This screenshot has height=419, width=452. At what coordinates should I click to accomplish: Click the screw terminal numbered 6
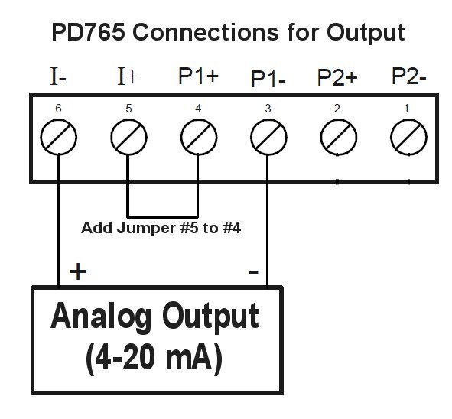coord(59,137)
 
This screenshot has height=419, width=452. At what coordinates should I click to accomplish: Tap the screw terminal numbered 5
coord(128,137)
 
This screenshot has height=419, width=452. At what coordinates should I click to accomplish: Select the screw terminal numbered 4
coord(199,137)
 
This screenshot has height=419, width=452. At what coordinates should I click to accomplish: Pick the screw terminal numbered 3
coord(268,137)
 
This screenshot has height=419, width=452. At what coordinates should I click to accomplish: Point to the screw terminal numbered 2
coord(339,137)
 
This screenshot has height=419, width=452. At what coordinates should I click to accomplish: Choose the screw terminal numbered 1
coord(408,137)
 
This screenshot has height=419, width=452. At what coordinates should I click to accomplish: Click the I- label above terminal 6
coord(58,76)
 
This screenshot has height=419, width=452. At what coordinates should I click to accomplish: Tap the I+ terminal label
coord(128,76)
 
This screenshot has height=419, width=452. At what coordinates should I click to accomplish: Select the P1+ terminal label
coord(198,76)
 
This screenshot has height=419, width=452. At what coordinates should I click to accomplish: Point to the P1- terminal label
coord(268,79)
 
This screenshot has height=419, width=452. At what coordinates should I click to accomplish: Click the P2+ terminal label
coord(337,77)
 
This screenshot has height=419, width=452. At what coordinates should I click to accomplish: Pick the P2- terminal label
coord(408,76)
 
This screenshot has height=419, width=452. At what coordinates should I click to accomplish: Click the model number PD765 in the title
coord(89,32)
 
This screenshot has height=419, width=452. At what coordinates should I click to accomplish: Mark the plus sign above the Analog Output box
coord(78,271)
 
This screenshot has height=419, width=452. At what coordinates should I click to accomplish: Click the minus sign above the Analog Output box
coord(253,273)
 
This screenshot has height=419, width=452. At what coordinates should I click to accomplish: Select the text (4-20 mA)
coord(154,358)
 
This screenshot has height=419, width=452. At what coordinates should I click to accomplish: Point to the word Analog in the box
coord(101,316)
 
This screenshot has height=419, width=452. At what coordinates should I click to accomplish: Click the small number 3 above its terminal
coord(268,109)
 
